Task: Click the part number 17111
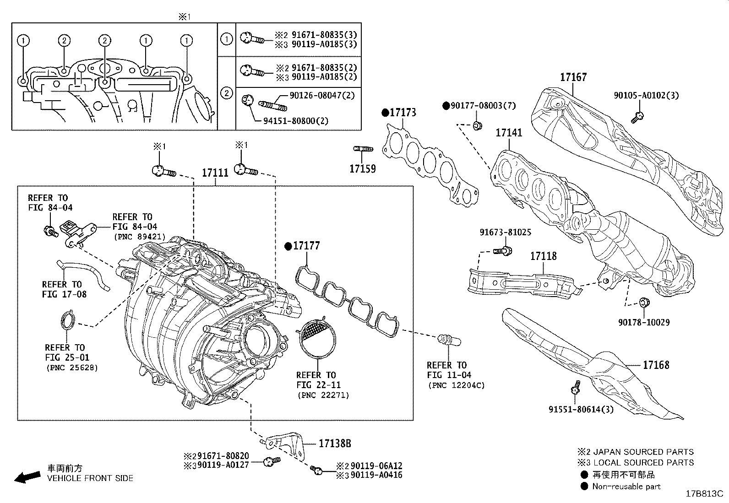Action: pyautogui.click(x=215, y=173)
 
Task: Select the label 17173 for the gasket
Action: pyautogui.click(x=403, y=112)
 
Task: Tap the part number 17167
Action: pyautogui.click(x=573, y=77)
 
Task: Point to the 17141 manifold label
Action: pyautogui.click(x=509, y=133)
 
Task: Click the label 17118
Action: pyautogui.click(x=544, y=256)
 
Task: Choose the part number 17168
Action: pyautogui.click(x=656, y=365)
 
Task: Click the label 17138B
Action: pyautogui.click(x=335, y=443)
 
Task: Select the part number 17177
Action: pyautogui.click(x=306, y=246)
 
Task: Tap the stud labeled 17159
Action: pyautogui.click(x=363, y=149)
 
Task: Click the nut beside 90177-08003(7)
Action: pyautogui.click(x=477, y=125)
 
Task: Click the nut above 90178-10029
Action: pyautogui.click(x=644, y=302)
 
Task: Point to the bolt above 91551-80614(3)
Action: pyautogui.click(x=575, y=389)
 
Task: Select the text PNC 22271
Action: pyautogui.click(x=323, y=395)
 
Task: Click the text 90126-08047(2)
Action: pyautogui.click(x=322, y=95)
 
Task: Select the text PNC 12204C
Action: pyautogui.click(x=456, y=385)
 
